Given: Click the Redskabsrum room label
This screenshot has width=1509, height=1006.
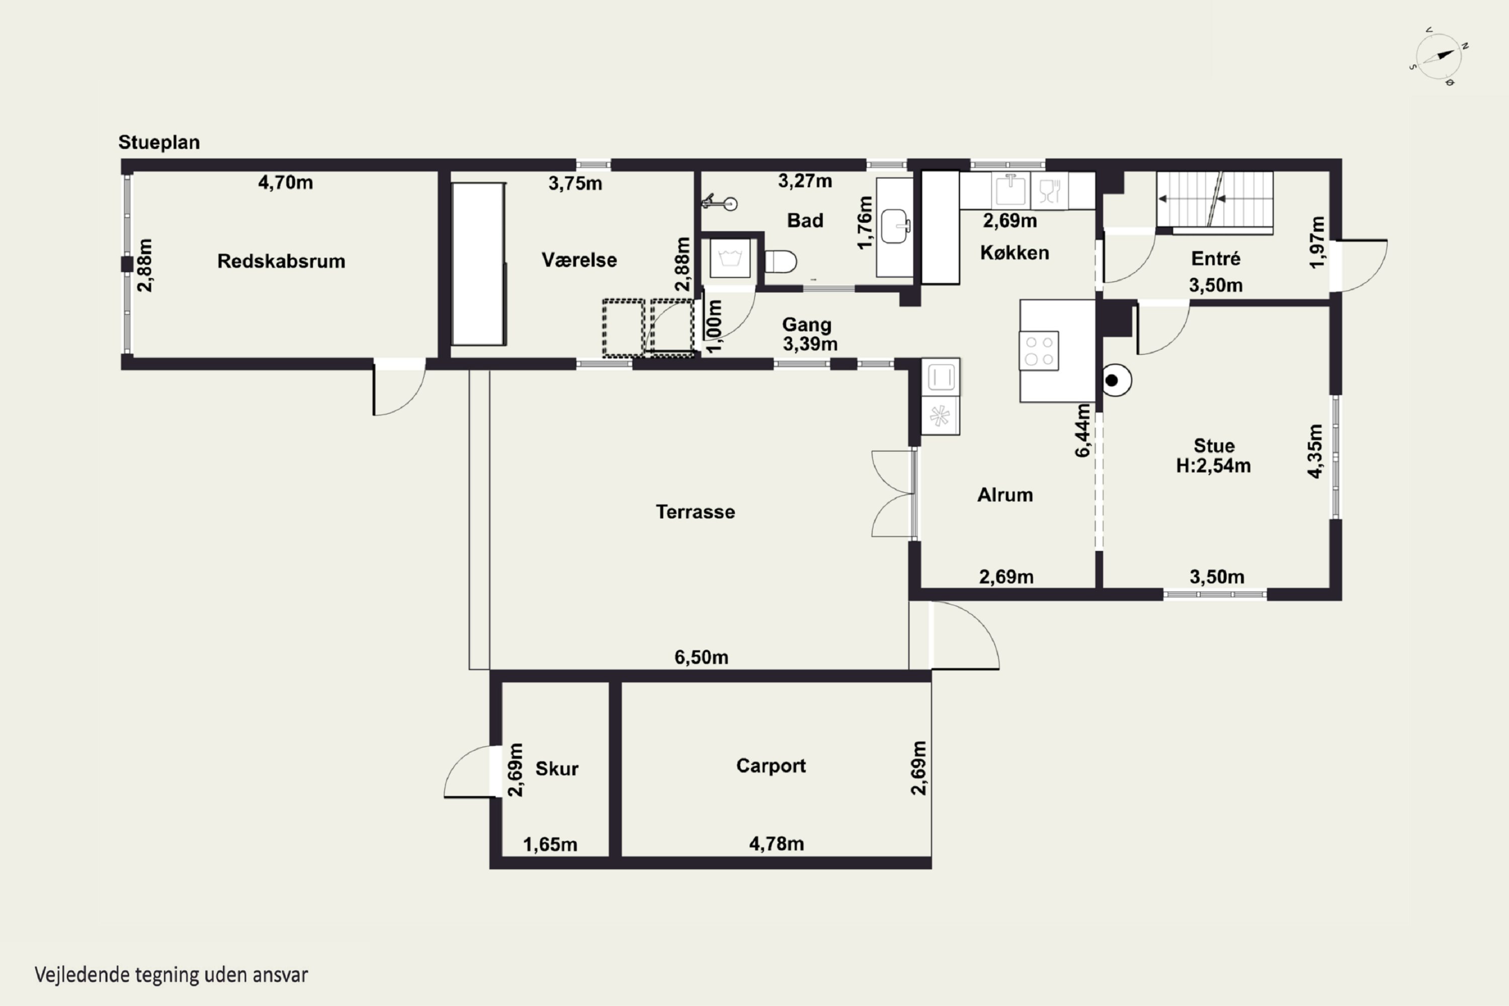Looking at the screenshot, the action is (281, 261).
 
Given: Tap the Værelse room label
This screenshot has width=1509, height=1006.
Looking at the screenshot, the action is (579, 260).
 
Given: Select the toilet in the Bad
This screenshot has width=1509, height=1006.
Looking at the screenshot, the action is (781, 262).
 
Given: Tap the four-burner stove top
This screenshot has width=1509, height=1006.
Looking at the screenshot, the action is (1039, 350).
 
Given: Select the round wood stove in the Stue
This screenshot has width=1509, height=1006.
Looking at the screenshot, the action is (1116, 380).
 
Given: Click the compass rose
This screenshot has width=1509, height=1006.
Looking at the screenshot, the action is (1439, 56).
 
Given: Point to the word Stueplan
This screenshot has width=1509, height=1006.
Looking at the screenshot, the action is (159, 142).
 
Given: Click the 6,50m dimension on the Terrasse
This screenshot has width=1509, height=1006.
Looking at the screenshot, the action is (701, 657).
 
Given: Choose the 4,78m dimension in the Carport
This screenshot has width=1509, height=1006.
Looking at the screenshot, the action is (776, 844).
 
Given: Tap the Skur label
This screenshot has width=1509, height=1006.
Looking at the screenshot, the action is (557, 769).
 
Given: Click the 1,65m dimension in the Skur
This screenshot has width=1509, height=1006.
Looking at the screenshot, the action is (550, 845).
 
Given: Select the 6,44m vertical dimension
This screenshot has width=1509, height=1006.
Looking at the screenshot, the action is (1082, 430).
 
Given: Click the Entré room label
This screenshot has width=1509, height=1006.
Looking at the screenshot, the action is (1216, 259).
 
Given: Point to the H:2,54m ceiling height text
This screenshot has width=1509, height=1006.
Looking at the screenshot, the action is (1213, 466).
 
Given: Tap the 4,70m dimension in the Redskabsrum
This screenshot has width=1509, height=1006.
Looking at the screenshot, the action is (286, 183).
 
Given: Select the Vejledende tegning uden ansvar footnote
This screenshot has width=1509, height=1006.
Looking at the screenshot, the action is (172, 975).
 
